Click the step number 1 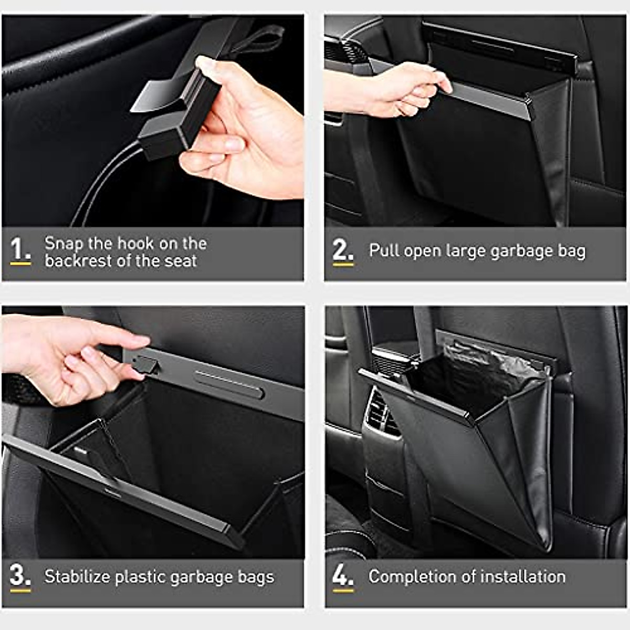19,249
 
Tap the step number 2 342,250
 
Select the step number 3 19,575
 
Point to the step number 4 342,576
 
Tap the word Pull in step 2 384,250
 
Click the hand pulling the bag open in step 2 394,89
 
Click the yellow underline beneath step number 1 20,264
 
